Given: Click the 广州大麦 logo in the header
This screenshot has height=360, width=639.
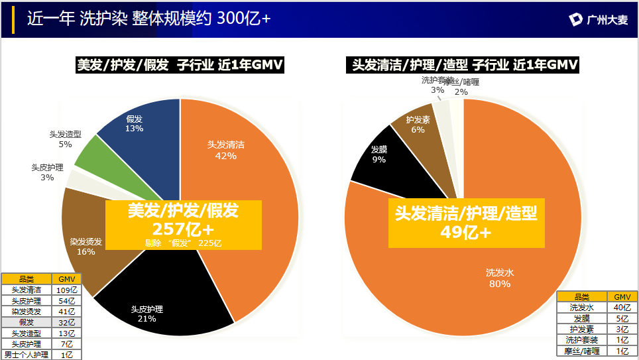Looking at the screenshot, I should (597, 20).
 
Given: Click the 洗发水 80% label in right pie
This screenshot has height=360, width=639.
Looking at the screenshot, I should (499, 278).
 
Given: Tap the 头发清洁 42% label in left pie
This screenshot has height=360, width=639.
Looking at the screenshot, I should (225, 150).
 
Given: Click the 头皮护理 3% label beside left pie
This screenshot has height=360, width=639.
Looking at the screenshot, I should (47, 172).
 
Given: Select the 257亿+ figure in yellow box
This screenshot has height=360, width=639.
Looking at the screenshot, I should (183, 229).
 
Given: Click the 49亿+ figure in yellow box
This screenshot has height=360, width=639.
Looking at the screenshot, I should (466, 231).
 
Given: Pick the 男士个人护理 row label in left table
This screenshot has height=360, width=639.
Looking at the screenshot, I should (26, 355).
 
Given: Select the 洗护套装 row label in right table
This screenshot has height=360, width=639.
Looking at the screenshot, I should (582, 340).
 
